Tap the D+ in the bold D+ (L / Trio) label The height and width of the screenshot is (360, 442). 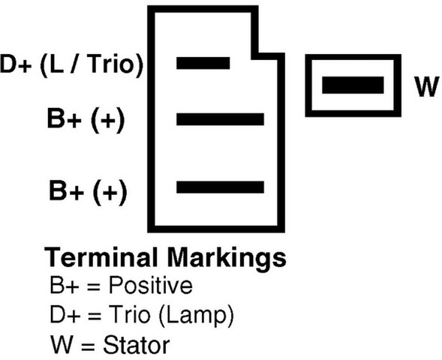[x=16, y=64]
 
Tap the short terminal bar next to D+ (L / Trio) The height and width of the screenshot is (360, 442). [x=203, y=63]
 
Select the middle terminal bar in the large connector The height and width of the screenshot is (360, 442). [x=220, y=119]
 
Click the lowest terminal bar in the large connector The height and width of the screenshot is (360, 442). [x=220, y=187]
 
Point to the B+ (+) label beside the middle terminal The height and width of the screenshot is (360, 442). [x=86, y=119]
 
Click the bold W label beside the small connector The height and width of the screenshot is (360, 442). [x=427, y=86]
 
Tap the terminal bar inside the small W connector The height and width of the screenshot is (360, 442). [x=353, y=85]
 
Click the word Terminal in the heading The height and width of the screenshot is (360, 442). [x=101, y=257]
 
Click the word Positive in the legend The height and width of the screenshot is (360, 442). [x=151, y=285]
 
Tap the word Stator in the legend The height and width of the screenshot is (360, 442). [x=137, y=344]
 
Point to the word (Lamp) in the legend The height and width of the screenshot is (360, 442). [x=196, y=316]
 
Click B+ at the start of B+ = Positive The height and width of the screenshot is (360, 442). [x=64, y=286]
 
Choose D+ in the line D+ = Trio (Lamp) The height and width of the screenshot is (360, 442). [x=65, y=315]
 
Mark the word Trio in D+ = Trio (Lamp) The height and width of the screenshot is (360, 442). [x=130, y=314]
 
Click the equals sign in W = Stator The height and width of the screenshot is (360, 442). [x=89, y=346]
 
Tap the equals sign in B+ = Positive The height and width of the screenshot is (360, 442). [x=94, y=286]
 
